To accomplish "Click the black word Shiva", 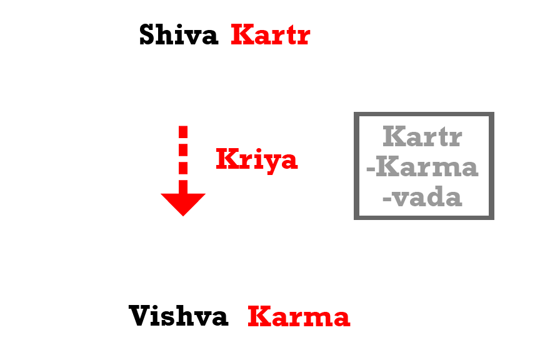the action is [178, 35].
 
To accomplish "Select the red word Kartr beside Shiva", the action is [270, 35].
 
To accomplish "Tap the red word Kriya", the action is [256, 160].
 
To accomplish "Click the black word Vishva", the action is [179, 316].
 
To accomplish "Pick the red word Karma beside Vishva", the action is [299, 316].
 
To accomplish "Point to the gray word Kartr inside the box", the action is [422, 136].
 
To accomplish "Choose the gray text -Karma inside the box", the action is [422, 167].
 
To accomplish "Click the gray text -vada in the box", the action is [422, 198].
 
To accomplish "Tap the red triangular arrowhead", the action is [183, 203].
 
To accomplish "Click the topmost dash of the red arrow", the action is [183, 131].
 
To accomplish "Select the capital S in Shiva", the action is [147, 35].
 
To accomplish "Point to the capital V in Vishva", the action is [139, 316].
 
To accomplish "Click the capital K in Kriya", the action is [224, 160].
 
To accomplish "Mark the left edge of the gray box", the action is [356, 166].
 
